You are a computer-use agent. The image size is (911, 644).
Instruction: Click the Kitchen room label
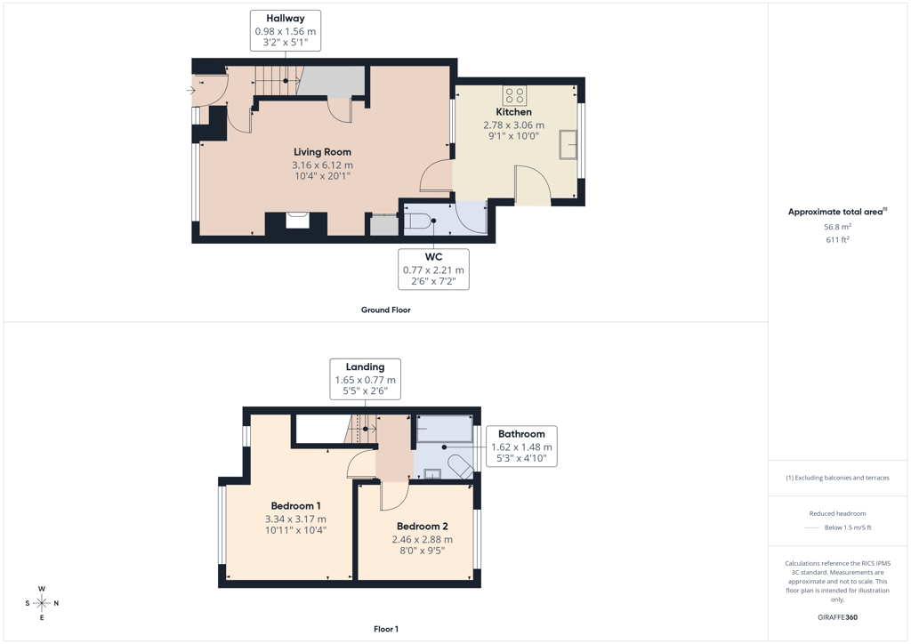pyautogui.click(x=513, y=112)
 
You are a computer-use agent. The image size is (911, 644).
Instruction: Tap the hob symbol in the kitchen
pyautogui.click(x=515, y=95)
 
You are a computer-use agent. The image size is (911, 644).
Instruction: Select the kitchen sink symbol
pyautogui.click(x=568, y=145)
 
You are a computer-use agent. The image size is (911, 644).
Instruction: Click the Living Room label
pyautogui.click(x=322, y=152)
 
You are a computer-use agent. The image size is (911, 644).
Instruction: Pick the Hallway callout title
pyautogui.click(x=286, y=19)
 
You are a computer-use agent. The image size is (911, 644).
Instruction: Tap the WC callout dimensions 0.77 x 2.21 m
pyautogui.click(x=433, y=270)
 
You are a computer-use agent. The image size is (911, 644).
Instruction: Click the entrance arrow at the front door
pyautogui.click(x=190, y=90)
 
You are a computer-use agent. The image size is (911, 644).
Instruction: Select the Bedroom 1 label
pyautogui.click(x=295, y=506)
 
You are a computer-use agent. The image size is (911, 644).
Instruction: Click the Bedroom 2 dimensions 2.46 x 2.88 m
pyautogui.click(x=423, y=539)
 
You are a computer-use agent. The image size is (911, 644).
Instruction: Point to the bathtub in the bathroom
pyautogui.click(x=445, y=429)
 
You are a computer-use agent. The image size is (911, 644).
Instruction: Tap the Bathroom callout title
pyautogui.click(x=521, y=434)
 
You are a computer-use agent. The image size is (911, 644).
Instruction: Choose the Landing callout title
pyautogui.click(x=365, y=367)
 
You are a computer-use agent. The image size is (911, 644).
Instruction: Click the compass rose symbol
pyautogui.click(x=42, y=603)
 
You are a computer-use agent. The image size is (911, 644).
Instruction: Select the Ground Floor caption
pyautogui.click(x=386, y=310)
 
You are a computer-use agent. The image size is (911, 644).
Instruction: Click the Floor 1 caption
pyautogui.click(x=386, y=629)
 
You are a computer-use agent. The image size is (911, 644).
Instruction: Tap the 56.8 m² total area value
pyautogui.click(x=837, y=227)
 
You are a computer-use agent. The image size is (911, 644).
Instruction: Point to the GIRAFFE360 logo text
pyautogui.click(x=837, y=617)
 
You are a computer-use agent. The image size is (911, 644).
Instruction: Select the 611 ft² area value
pyautogui.click(x=837, y=239)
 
